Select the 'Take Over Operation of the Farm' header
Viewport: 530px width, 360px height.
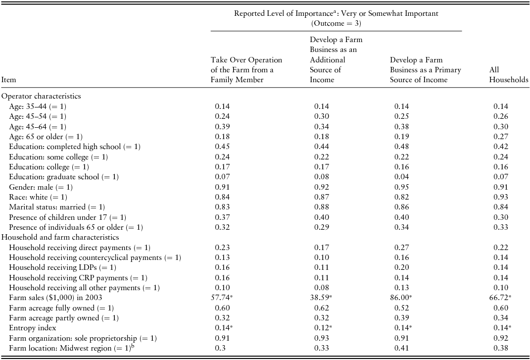pos(246,70)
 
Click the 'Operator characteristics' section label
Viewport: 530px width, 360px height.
pos(41,97)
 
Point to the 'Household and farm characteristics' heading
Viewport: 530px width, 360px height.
pos(60,237)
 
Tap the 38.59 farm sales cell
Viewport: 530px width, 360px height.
pos(325,298)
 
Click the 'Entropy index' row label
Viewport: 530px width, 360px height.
pos(33,328)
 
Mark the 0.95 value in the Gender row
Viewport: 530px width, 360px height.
pos(402,187)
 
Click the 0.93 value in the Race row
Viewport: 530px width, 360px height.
pos(501,197)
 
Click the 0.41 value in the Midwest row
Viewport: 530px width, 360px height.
pos(402,348)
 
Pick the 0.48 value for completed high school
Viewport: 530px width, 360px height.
pos(402,147)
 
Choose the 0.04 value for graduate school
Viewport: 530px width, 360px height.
pos(402,177)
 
